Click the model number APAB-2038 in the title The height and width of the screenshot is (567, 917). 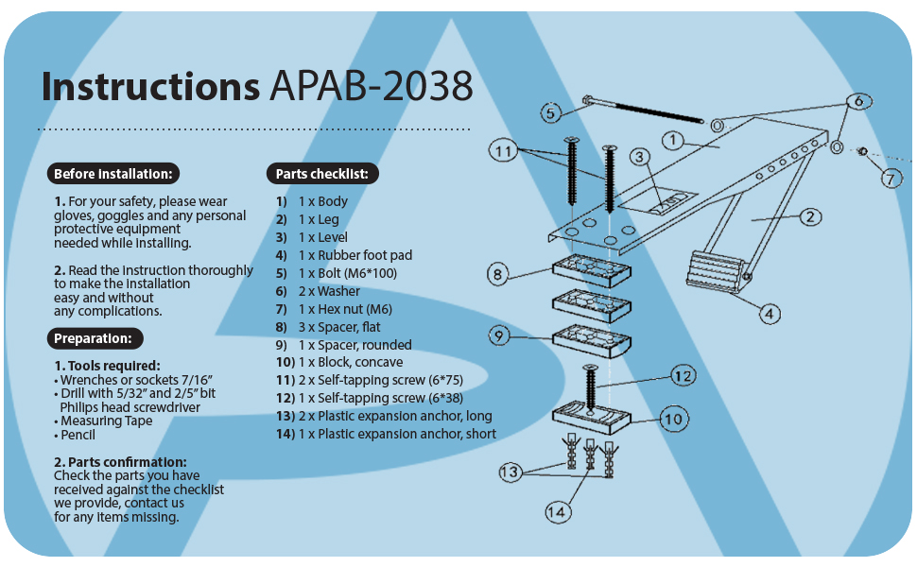pyautogui.click(x=371, y=87)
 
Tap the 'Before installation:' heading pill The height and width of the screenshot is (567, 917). pyautogui.click(x=112, y=174)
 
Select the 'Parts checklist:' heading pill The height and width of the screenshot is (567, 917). pyautogui.click(x=322, y=174)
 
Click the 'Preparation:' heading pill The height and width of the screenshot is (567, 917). pyautogui.click(x=95, y=338)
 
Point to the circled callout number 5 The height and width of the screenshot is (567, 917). pyautogui.click(x=551, y=112)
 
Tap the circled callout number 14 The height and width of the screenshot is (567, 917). pyautogui.click(x=558, y=512)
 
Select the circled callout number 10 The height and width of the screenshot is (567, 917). pyautogui.click(x=674, y=420)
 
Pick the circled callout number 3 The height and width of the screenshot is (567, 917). pyautogui.click(x=640, y=157)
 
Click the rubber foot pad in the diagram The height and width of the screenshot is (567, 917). pyautogui.click(x=717, y=271)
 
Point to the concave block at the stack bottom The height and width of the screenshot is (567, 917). pyautogui.click(x=591, y=417)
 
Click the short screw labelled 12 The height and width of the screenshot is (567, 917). pyautogui.click(x=590, y=387)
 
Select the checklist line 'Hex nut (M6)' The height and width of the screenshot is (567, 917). pyautogui.click(x=334, y=309)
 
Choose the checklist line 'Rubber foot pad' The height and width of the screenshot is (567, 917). pyautogui.click(x=344, y=255)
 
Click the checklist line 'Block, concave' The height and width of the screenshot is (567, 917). pyautogui.click(x=339, y=363)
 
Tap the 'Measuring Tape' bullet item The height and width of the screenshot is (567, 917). pyautogui.click(x=103, y=421)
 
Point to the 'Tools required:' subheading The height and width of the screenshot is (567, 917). pyautogui.click(x=107, y=366)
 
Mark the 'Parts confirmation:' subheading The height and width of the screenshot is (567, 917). pyautogui.click(x=120, y=462)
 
